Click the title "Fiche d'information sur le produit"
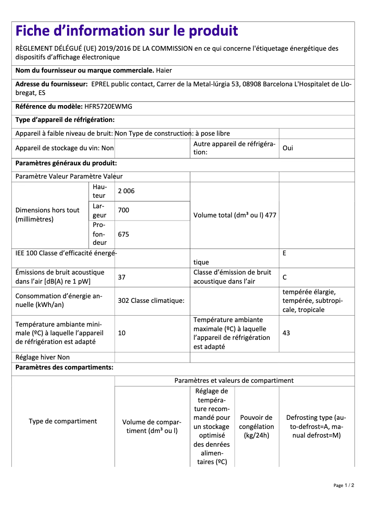tap(127, 31)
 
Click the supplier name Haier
tap(164, 71)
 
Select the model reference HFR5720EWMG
tap(109, 106)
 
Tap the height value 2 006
tap(126, 191)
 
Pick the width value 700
tap(124, 211)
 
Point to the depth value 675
tap(124, 234)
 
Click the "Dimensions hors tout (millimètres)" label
tap(47, 215)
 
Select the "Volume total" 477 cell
tap(235, 215)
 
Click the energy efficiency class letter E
tap(284, 253)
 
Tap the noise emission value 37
tap(122, 277)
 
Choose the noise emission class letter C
tap(285, 277)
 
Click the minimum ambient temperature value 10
tap(122, 333)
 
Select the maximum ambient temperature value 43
tap(286, 333)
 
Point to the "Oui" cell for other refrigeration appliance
tap(288, 148)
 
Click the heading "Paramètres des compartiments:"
tap(64, 367)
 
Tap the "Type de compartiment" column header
tap(63, 421)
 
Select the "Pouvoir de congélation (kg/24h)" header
tap(256, 426)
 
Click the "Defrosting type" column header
tap(316, 426)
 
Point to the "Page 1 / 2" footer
tap(344, 485)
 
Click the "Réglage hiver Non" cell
tap(43, 357)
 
